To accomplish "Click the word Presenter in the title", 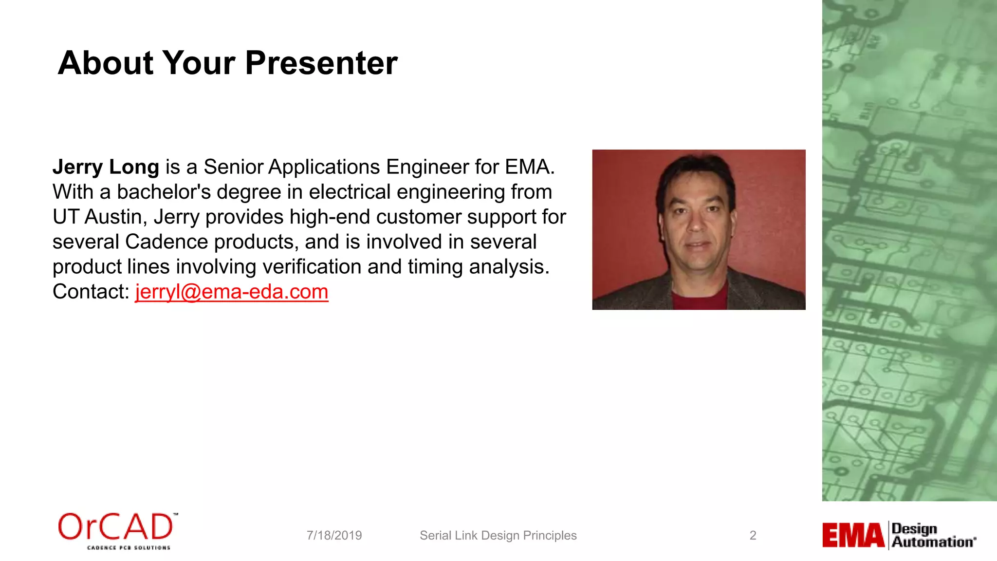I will [x=321, y=63].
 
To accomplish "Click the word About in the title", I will [x=106, y=63].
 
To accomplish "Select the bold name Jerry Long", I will [x=106, y=167].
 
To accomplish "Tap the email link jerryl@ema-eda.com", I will [x=232, y=292].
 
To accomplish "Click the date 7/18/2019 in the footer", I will [x=334, y=536].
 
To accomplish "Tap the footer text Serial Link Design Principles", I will [x=498, y=536].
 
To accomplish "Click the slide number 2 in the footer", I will [x=753, y=536].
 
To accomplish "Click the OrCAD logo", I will [x=116, y=527].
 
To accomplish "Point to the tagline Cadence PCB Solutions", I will [x=129, y=548].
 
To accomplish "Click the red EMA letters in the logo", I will [x=853, y=535].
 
